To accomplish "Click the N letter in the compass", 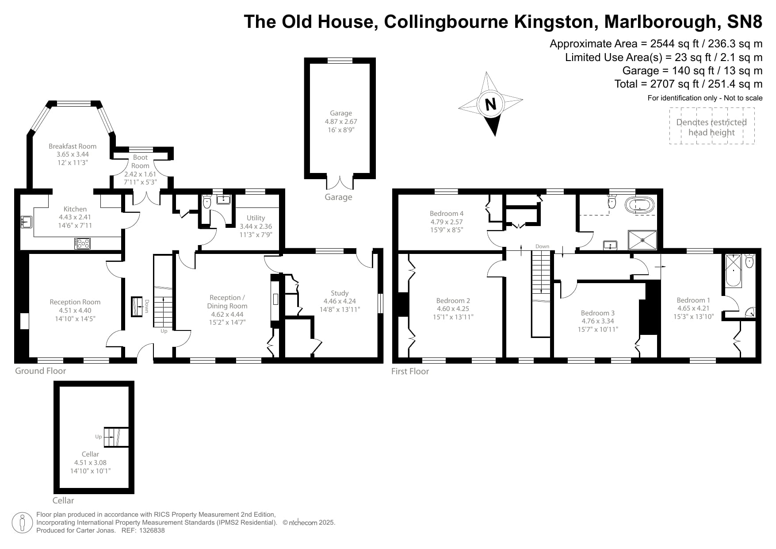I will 490,105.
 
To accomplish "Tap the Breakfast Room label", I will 73,146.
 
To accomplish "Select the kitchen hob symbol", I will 83,243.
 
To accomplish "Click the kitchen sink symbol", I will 27,222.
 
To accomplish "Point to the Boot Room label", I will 140,161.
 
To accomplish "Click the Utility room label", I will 256,218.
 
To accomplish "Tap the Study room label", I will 340,293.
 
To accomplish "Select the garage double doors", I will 340,182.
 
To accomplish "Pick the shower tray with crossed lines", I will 642,240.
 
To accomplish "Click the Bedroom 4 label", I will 447,213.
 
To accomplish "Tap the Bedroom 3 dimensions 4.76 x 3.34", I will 598,321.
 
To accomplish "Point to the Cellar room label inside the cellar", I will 90,454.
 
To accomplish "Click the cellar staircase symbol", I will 116,437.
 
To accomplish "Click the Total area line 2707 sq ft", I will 688,84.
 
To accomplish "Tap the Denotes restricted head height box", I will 711,127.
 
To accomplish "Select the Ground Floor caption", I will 41,371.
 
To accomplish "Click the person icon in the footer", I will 22,523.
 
